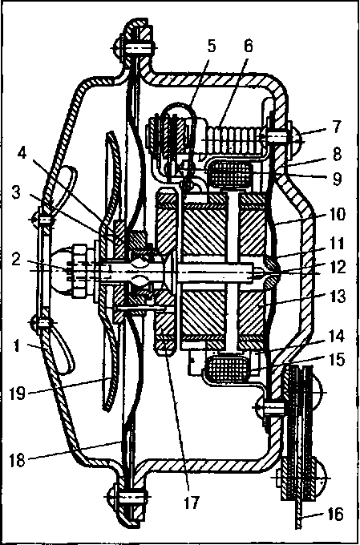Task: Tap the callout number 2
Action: pyautogui.click(x=16, y=260)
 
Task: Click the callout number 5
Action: pyautogui.click(x=211, y=46)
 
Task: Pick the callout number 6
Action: pyautogui.click(x=248, y=46)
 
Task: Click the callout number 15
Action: pyautogui.click(x=335, y=360)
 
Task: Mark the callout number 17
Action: pyautogui.click(x=192, y=503)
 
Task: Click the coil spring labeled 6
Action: pyautogui.click(x=235, y=139)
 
